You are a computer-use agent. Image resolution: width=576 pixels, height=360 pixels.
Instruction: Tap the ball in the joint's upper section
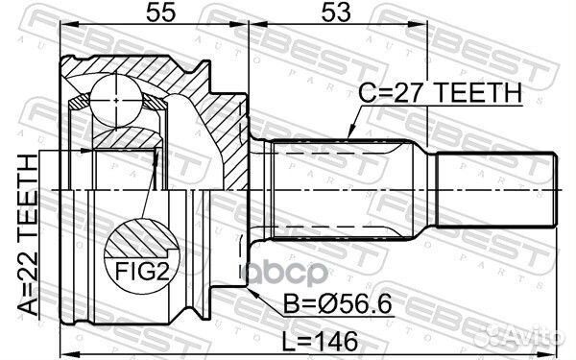click(117, 96)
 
